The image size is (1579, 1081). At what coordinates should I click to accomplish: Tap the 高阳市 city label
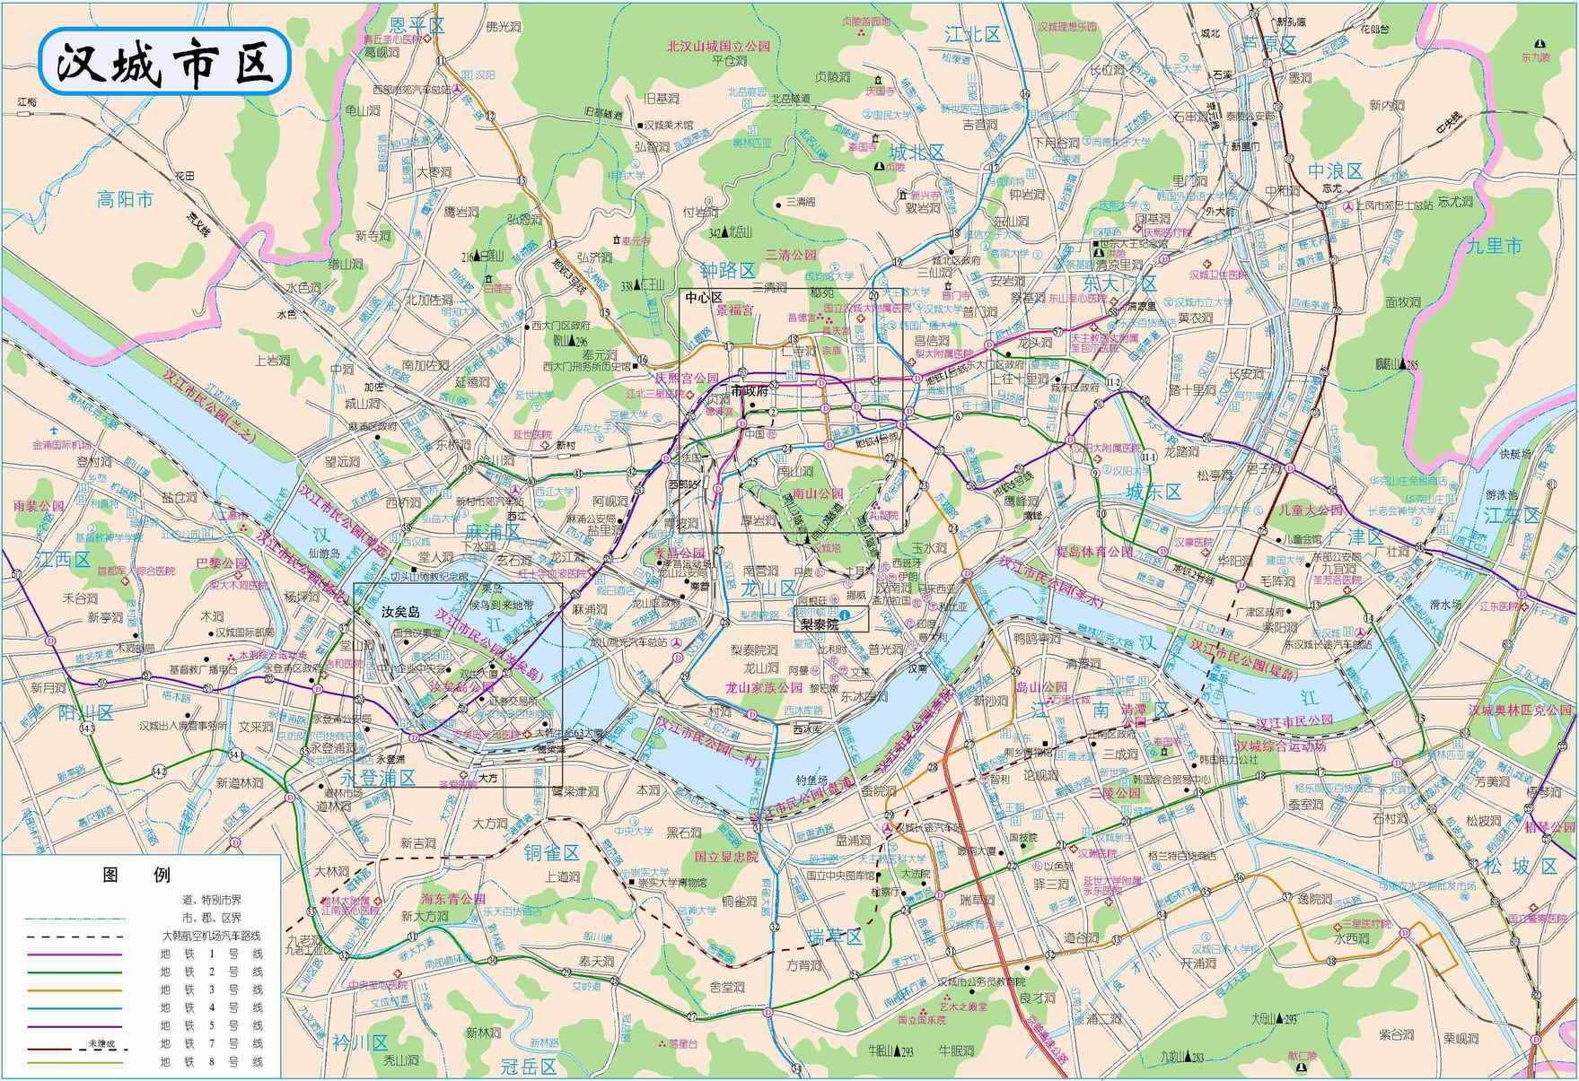127,199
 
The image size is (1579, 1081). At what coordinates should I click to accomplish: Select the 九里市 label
1496,245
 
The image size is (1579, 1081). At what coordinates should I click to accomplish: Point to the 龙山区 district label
770,588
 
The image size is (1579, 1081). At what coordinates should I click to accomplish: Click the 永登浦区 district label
379,777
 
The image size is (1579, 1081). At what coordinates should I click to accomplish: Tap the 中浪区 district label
1335,170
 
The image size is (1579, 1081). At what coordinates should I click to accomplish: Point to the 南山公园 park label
818,493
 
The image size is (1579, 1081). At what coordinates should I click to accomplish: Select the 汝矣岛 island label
401,611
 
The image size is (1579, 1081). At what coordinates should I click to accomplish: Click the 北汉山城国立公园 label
718,46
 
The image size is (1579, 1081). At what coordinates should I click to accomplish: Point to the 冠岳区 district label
530,1067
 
